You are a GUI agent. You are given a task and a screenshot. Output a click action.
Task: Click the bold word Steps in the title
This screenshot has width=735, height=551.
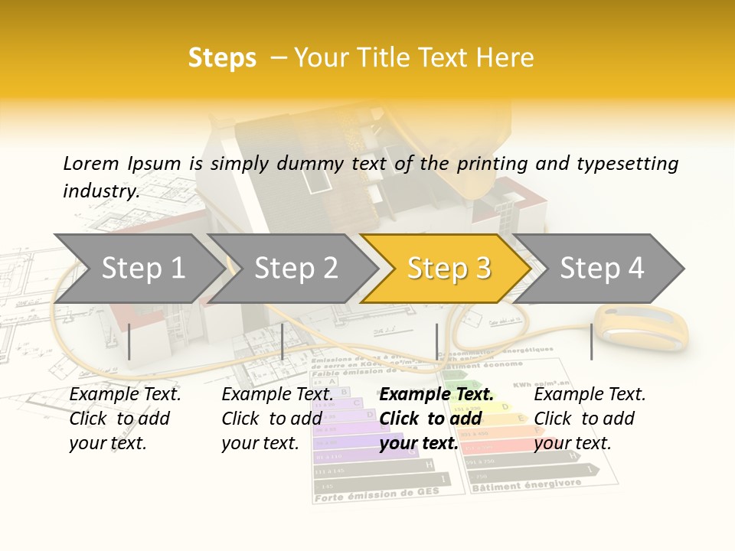click(222, 58)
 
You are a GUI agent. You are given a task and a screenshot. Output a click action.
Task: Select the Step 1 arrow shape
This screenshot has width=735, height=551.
click(142, 269)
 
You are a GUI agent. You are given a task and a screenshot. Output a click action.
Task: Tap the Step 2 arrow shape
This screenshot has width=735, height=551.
click(296, 269)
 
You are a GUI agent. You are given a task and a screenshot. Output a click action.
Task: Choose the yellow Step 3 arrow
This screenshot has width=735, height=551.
click(449, 269)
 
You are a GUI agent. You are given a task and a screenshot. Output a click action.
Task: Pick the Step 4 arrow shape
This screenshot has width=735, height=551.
click(602, 269)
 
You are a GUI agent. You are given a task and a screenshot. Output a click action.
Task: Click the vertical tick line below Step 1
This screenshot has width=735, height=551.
click(129, 341)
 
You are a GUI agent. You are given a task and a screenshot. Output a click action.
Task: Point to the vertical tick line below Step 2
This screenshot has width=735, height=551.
click(283, 341)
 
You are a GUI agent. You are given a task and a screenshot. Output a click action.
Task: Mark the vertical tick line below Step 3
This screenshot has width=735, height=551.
click(437, 341)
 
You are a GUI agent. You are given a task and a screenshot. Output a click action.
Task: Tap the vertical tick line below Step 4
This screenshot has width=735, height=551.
click(591, 341)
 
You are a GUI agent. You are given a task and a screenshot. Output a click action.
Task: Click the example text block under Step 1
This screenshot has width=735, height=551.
click(125, 419)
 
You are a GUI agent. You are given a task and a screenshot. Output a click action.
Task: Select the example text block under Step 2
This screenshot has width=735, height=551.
click(277, 419)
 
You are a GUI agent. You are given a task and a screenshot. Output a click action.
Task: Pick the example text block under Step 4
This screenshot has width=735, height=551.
click(590, 419)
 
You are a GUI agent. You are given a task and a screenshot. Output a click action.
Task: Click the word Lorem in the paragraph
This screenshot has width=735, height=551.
click(91, 163)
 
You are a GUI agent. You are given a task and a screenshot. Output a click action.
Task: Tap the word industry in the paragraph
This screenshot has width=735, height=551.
click(100, 191)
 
